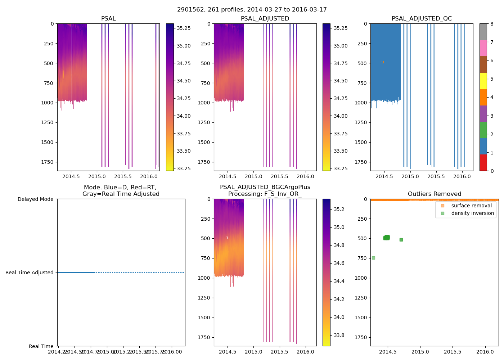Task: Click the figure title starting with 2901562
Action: pyautogui.click(x=252, y=10)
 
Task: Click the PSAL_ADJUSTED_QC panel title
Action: pyautogui.click(x=422, y=19)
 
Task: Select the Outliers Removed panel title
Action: pyautogui.click(x=434, y=194)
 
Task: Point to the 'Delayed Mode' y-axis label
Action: pyautogui.click(x=35, y=199)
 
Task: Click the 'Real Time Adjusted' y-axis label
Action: pyautogui.click(x=30, y=273)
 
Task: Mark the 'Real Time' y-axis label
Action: pyautogui.click(x=41, y=346)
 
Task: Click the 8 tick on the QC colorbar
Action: pyautogui.click(x=491, y=24)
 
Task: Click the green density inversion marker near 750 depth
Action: pyautogui.click(x=373, y=258)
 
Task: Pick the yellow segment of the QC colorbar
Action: pyautogui.click(x=483, y=81)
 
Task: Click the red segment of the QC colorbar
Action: pyautogui.click(x=483, y=163)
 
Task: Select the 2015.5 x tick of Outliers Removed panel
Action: pyautogui.click(x=453, y=352)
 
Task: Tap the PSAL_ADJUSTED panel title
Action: pyautogui.click(x=265, y=19)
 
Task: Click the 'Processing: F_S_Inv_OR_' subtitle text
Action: pyautogui.click(x=265, y=194)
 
